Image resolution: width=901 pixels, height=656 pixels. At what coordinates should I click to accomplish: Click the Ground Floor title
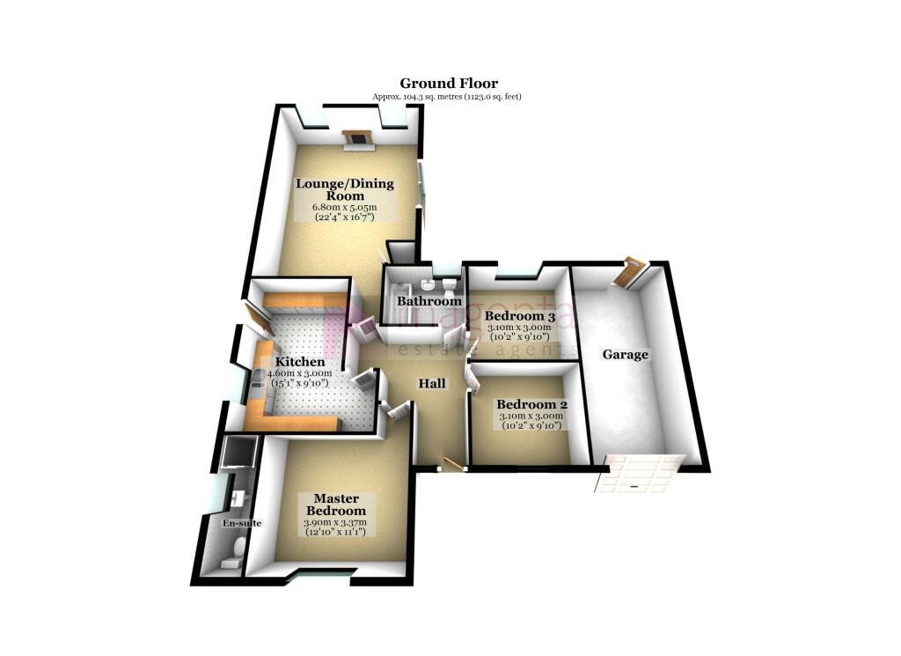click(x=450, y=84)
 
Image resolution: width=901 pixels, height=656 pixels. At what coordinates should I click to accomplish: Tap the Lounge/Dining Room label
click(x=344, y=189)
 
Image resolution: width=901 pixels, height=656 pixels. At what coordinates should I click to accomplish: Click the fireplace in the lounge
click(x=357, y=137)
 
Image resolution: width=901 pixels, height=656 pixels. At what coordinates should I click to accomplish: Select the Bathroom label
click(x=429, y=301)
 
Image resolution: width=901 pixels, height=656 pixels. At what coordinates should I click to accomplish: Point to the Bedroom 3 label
click(x=520, y=316)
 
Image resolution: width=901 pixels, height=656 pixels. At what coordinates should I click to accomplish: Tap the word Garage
click(x=625, y=355)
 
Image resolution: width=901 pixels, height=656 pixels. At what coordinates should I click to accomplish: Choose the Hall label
click(x=431, y=384)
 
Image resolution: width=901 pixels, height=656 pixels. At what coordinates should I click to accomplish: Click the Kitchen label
click(x=300, y=362)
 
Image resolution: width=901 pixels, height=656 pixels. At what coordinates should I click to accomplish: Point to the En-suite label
click(x=234, y=523)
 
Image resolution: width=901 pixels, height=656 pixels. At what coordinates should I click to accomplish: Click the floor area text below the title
click(x=450, y=96)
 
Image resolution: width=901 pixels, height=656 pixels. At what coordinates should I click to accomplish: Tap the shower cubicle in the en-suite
click(x=238, y=452)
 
